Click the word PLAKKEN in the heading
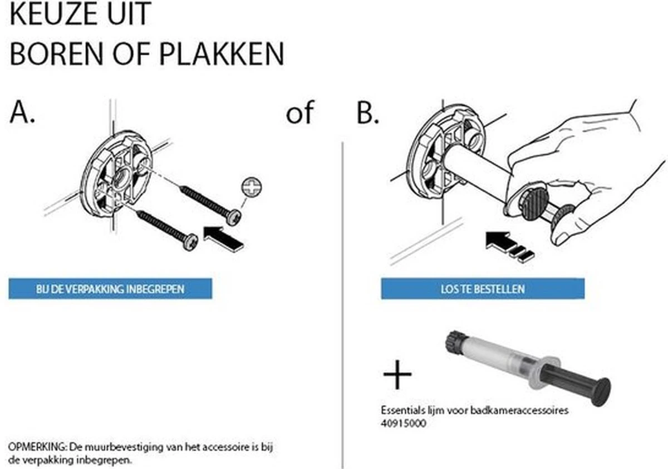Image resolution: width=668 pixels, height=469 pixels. [222, 54]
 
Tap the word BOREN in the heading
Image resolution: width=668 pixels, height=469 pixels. [57, 54]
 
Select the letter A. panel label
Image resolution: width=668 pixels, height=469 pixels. [22, 112]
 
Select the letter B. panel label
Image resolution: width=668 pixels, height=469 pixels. [368, 112]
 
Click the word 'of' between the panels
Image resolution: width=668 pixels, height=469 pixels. [299, 112]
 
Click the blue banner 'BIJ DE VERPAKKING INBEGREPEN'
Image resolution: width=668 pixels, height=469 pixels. [110, 288]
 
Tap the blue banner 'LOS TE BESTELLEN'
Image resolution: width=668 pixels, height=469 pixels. [483, 288]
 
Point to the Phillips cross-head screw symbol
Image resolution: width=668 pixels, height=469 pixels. [252, 187]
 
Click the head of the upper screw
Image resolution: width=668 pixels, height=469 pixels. [233, 217]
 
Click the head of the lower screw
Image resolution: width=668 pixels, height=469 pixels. [190, 242]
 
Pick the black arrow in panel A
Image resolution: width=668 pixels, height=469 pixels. [223, 239]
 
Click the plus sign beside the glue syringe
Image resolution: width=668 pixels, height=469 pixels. [397, 374]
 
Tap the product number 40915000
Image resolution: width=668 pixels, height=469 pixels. [404, 423]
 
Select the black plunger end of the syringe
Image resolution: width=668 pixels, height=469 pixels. [601, 392]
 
